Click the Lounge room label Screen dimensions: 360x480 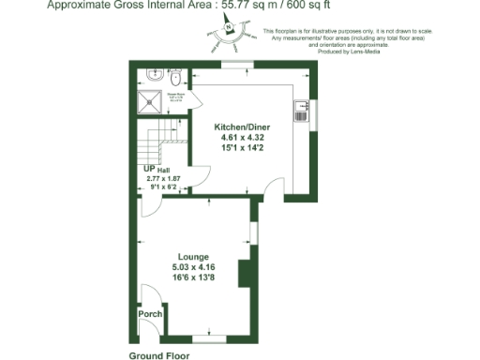point(193,257)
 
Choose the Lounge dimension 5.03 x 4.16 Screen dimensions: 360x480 point(193,268)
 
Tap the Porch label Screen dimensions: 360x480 point(149,314)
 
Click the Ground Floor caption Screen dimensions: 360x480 point(159,356)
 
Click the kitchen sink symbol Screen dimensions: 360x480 point(302,111)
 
